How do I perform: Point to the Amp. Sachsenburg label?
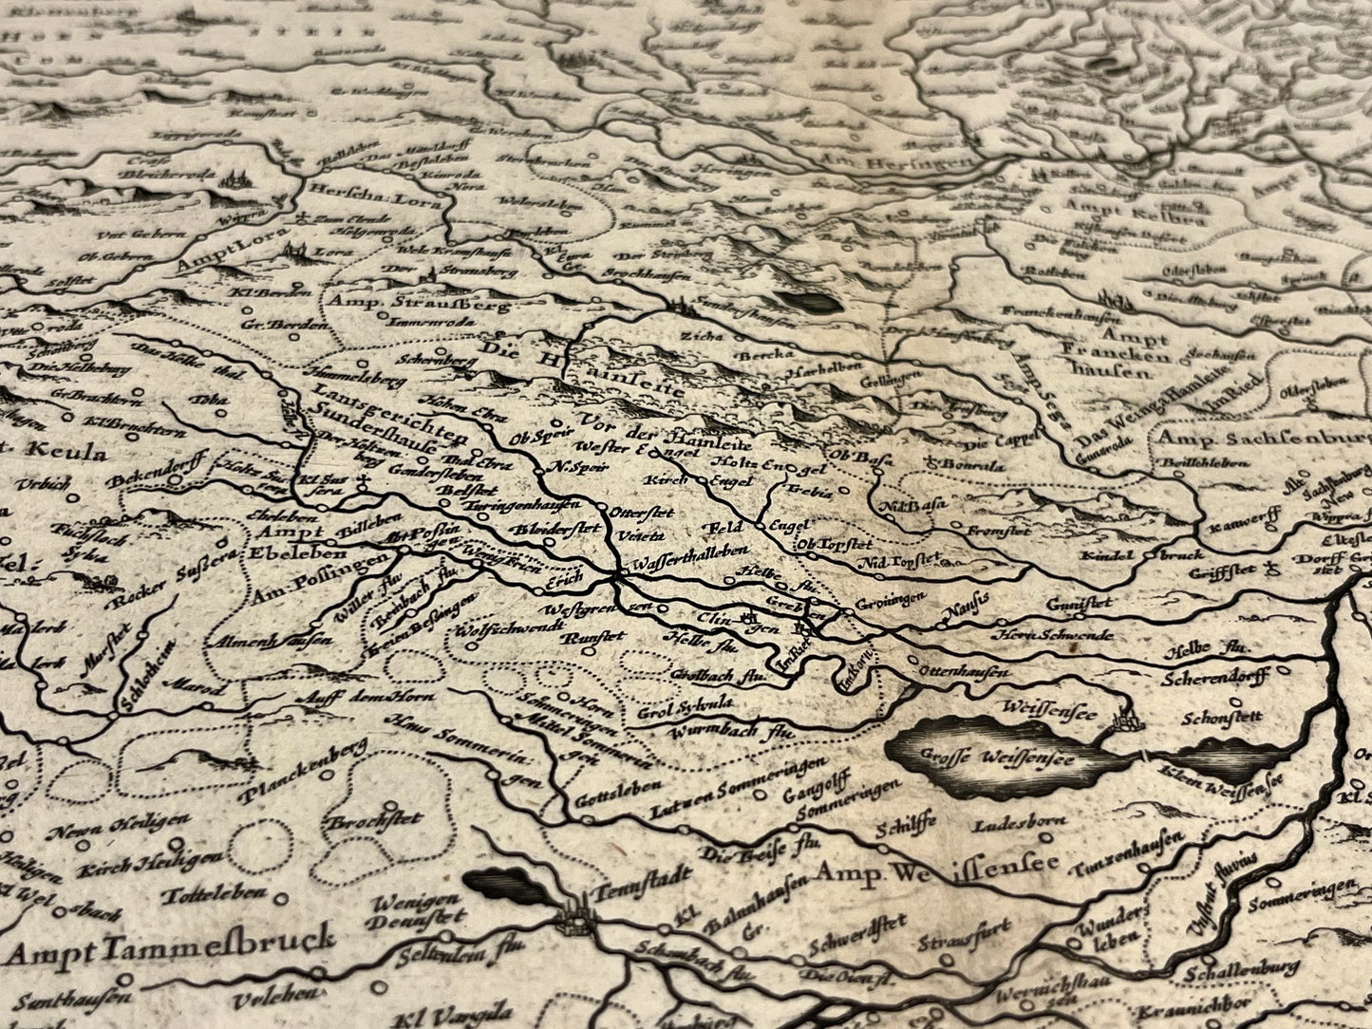[1263, 439]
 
